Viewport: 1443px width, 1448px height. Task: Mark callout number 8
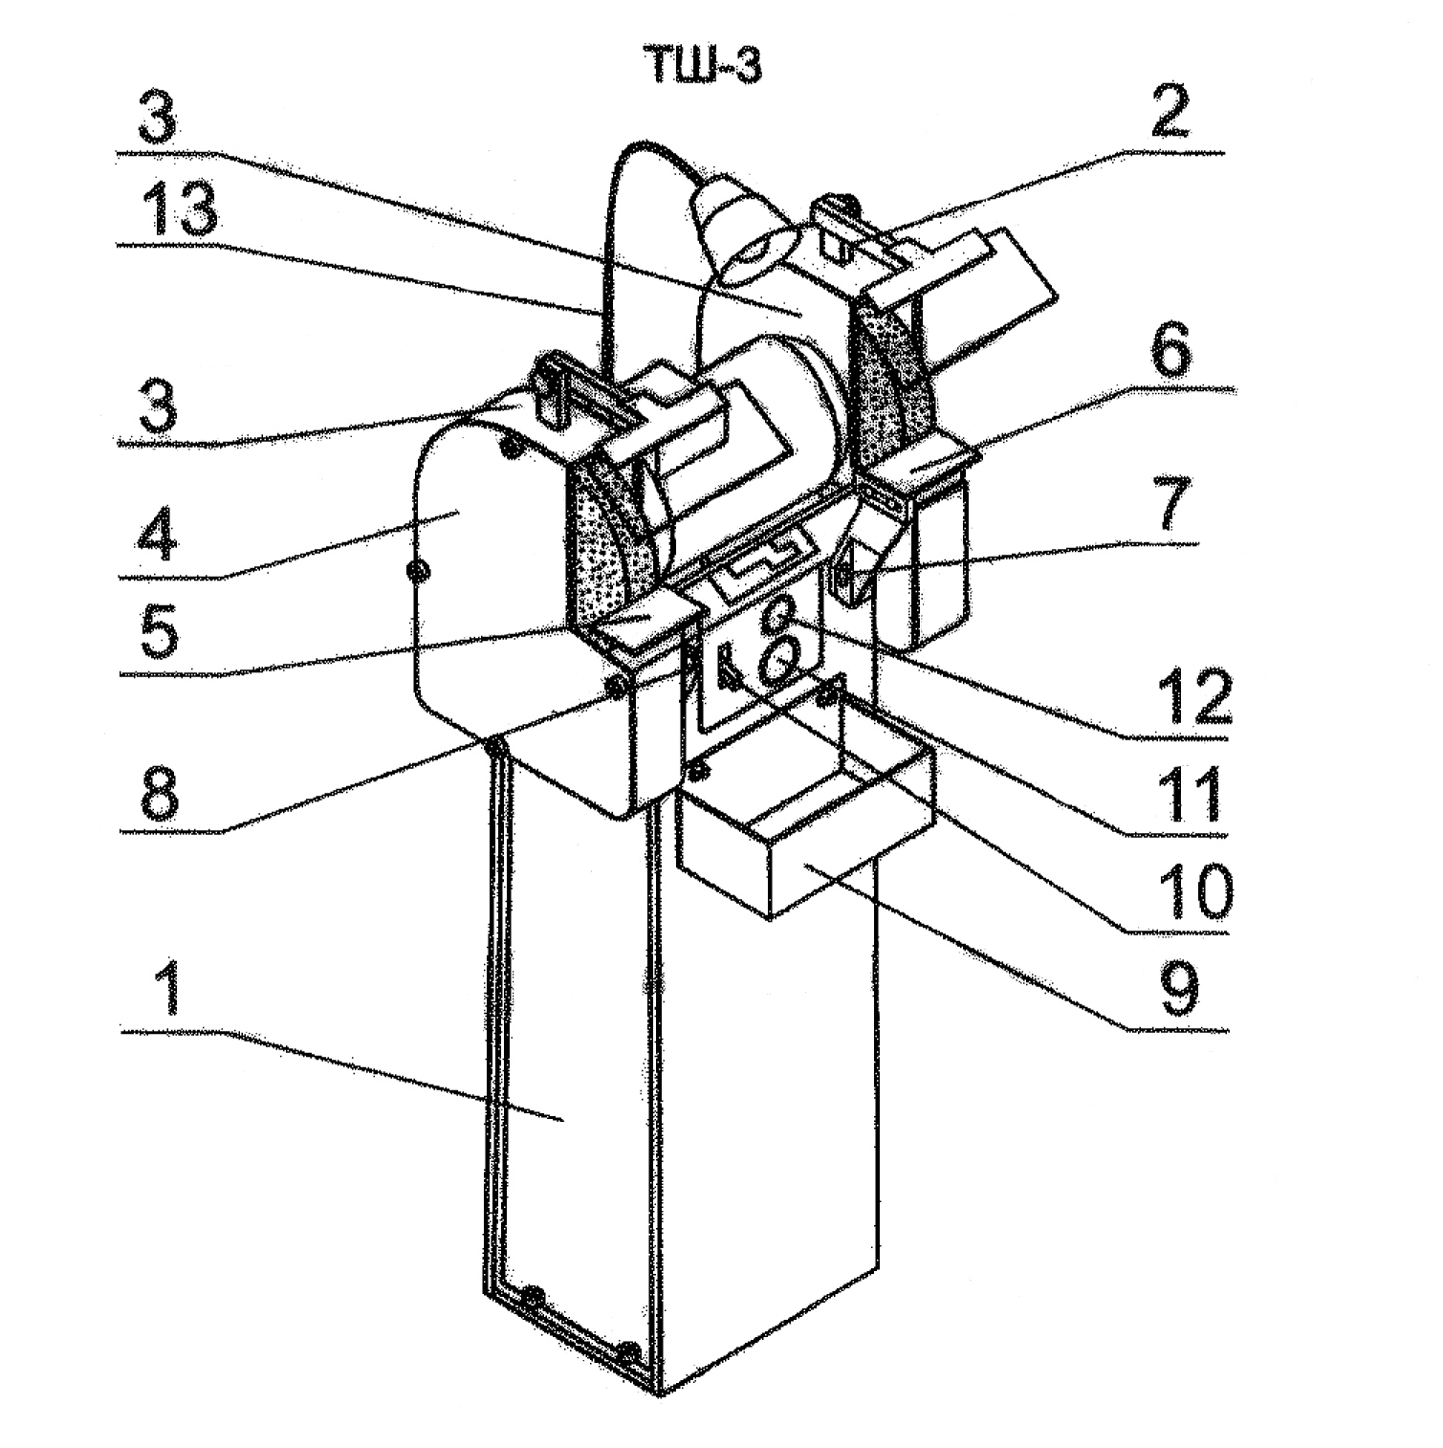pos(159,791)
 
